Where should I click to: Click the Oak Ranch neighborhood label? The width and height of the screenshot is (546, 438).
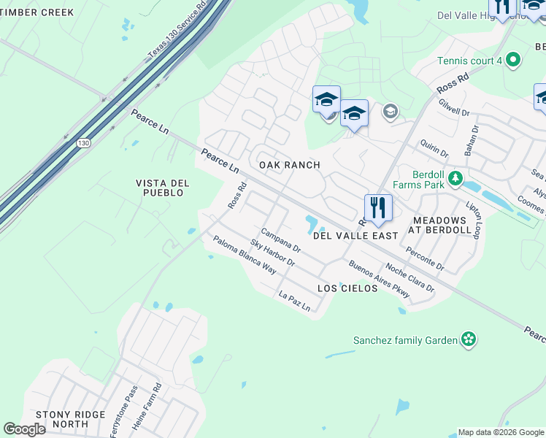290,165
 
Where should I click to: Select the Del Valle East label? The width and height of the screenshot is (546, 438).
355,236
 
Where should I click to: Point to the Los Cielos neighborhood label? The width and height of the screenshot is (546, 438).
347,288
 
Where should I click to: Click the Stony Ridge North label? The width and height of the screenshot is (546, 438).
71,419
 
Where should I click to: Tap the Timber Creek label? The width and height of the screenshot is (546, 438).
37,12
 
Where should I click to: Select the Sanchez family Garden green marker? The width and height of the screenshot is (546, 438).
468,339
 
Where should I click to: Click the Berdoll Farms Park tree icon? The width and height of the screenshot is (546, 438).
455,177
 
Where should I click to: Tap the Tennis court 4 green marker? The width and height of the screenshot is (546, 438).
512,61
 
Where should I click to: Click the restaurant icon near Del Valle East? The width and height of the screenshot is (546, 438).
378,207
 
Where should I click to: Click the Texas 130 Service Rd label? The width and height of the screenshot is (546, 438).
177,31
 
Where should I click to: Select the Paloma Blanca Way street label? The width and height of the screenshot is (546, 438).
245,255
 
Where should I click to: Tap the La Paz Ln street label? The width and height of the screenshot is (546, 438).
295,301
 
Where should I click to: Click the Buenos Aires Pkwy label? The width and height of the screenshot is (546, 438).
380,280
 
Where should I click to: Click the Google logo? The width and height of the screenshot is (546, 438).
24,429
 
